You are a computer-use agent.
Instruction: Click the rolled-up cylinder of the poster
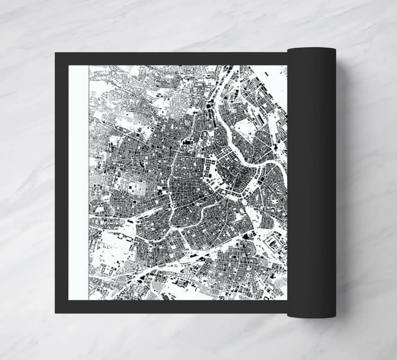[x=311, y=182]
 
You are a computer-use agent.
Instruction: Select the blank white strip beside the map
[x=79, y=182]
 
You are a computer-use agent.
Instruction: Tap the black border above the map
[x=170, y=59]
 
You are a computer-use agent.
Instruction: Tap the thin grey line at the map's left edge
[x=89, y=182]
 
